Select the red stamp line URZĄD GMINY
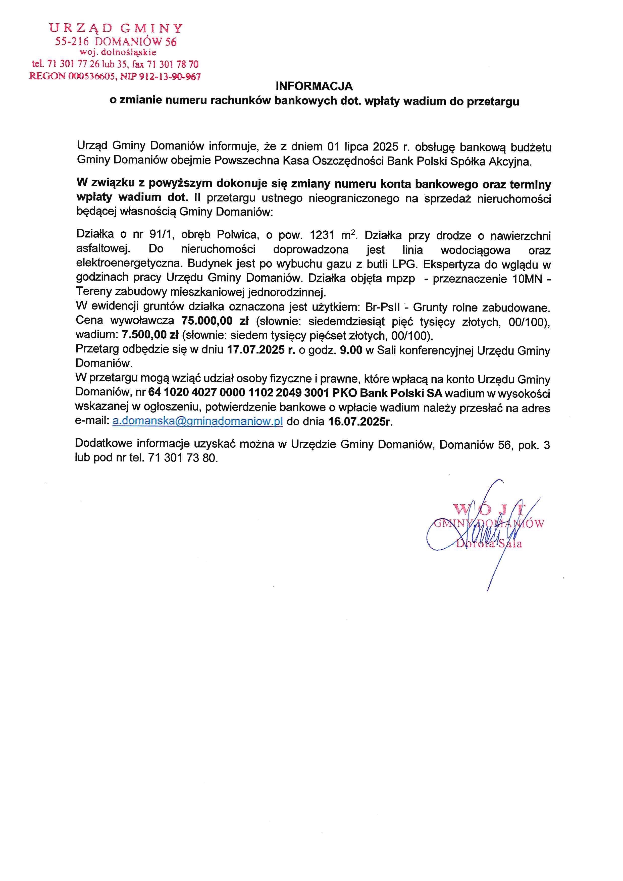point(116,28)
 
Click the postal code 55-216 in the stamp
point(72,41)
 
